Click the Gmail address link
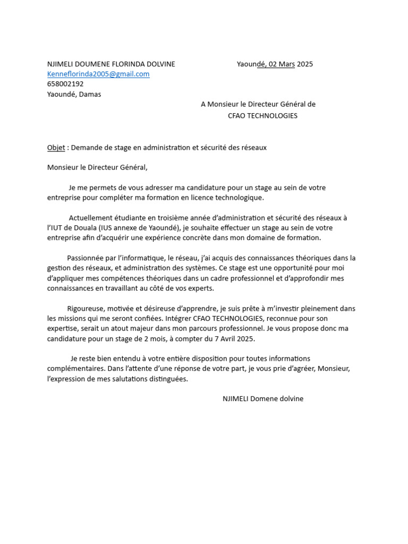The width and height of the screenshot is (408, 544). (x=98, y=74)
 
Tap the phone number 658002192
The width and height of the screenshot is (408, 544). (x=65, y=84)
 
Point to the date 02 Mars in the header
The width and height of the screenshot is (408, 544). (x=282, y=64)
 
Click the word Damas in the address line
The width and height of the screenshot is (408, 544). (x=90, y=95)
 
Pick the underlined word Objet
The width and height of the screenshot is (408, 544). (x=56, y=148)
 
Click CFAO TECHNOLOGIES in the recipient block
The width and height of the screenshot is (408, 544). (x=263, y=116)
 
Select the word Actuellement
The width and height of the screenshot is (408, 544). (x=91, y=218)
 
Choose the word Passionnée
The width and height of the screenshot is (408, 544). (x=87, y=258)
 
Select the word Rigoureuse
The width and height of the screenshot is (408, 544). (x=86, y=309)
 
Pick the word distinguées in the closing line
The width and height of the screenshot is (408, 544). (x=168, y=379)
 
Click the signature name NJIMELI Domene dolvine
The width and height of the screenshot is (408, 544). (x=262, y=399)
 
